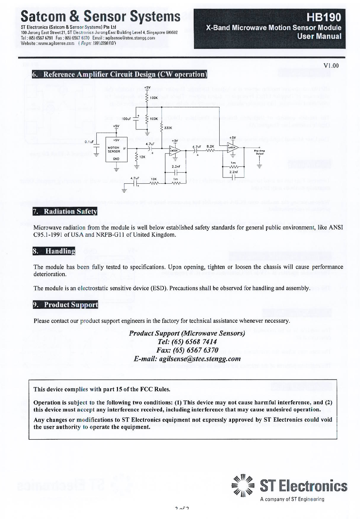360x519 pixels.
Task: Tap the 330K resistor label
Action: [168, 128]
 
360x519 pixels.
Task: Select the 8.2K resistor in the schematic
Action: [210, 147]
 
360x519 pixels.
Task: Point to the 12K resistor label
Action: [142, 157]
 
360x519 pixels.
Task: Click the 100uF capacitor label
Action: [126, 118]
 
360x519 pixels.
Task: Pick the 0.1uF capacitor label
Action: [89, 142]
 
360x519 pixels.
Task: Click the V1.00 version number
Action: [331, 65]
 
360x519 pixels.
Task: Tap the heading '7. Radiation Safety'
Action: [65, 211]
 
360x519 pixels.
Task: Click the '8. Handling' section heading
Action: [54, 251]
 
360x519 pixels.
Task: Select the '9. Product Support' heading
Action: [65, 304]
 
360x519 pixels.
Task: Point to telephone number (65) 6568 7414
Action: [187, 341]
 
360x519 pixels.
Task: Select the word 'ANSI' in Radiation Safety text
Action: [336, 227]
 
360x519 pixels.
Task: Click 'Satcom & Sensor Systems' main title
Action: [100, 16]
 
